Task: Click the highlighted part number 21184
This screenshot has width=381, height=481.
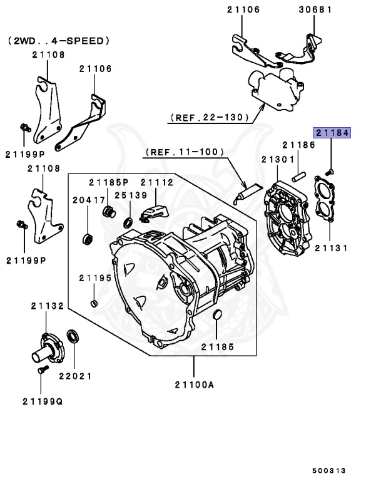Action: (x=332, y=133)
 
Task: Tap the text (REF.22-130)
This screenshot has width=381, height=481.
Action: (x=208, y=117)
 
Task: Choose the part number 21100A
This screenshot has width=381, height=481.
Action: (x=193, y=385)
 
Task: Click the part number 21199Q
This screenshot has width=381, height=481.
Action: (x=43, y=401)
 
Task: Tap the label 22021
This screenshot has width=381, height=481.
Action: (x=75, y=376)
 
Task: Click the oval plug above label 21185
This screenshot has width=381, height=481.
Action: (x=218, y=314)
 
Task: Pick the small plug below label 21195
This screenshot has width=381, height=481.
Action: (x=94, y=304)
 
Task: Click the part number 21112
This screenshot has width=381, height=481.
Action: (x=156, y=182)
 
